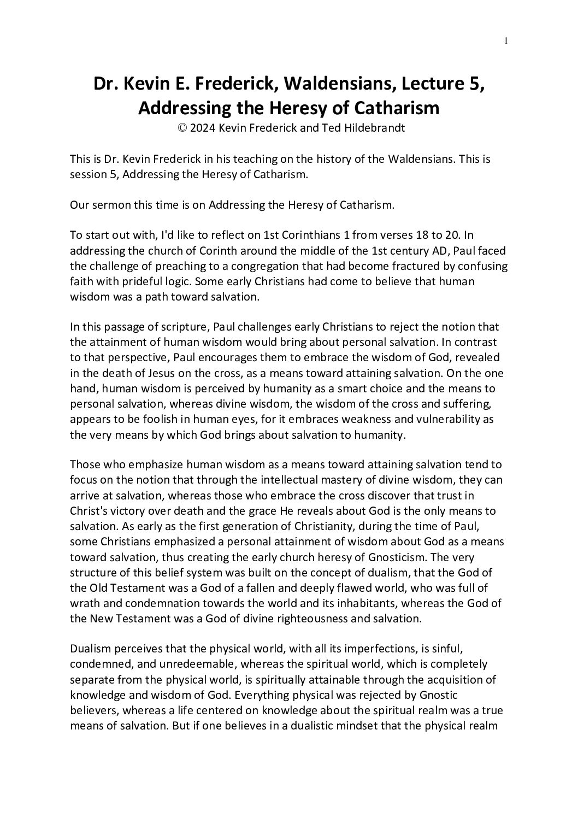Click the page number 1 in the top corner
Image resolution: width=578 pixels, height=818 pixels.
(506, 40)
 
